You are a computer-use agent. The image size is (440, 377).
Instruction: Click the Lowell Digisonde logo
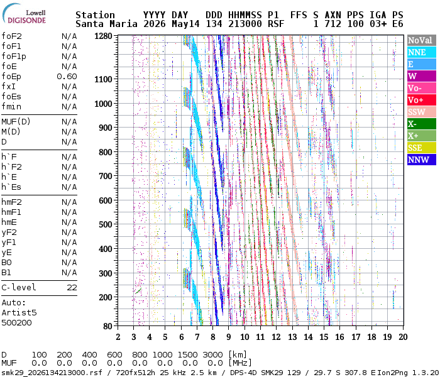click(24, 14)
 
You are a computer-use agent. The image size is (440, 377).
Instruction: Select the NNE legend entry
click(422, 52)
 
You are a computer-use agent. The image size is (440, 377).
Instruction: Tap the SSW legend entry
click(422, 112)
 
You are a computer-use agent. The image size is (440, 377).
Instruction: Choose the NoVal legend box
click(422, 40)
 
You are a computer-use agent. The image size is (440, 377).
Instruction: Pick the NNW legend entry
click(422, 160)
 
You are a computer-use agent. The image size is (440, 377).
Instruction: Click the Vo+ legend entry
click(422, 100)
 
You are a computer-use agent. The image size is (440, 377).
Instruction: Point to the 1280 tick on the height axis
click(103, 36)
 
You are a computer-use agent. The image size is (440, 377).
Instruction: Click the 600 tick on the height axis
click(106, 200)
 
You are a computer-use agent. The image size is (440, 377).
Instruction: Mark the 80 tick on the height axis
click(107, 326)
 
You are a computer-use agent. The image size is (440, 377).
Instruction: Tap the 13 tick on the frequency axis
click(292, 337)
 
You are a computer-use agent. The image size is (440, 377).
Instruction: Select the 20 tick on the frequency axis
click(404, 337)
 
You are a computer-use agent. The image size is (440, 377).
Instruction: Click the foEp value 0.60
click(67, 77)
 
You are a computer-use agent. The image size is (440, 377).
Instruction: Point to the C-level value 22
click(72, 288)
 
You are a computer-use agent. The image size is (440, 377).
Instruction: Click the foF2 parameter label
click(11, 36)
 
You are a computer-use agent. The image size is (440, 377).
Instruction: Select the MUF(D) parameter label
click(16, 122)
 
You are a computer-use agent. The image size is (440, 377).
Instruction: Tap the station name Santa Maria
click(106, 24)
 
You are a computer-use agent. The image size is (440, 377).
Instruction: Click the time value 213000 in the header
click(245, 24)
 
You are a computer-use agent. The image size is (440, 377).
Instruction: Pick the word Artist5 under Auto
click(19, 312)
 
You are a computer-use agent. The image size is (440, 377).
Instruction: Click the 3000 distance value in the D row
click(212, 355)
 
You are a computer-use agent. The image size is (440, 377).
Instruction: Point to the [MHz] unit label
click(240, 363)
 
